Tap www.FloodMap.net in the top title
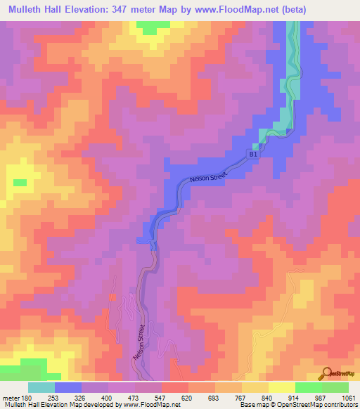(x=269, y=9)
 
